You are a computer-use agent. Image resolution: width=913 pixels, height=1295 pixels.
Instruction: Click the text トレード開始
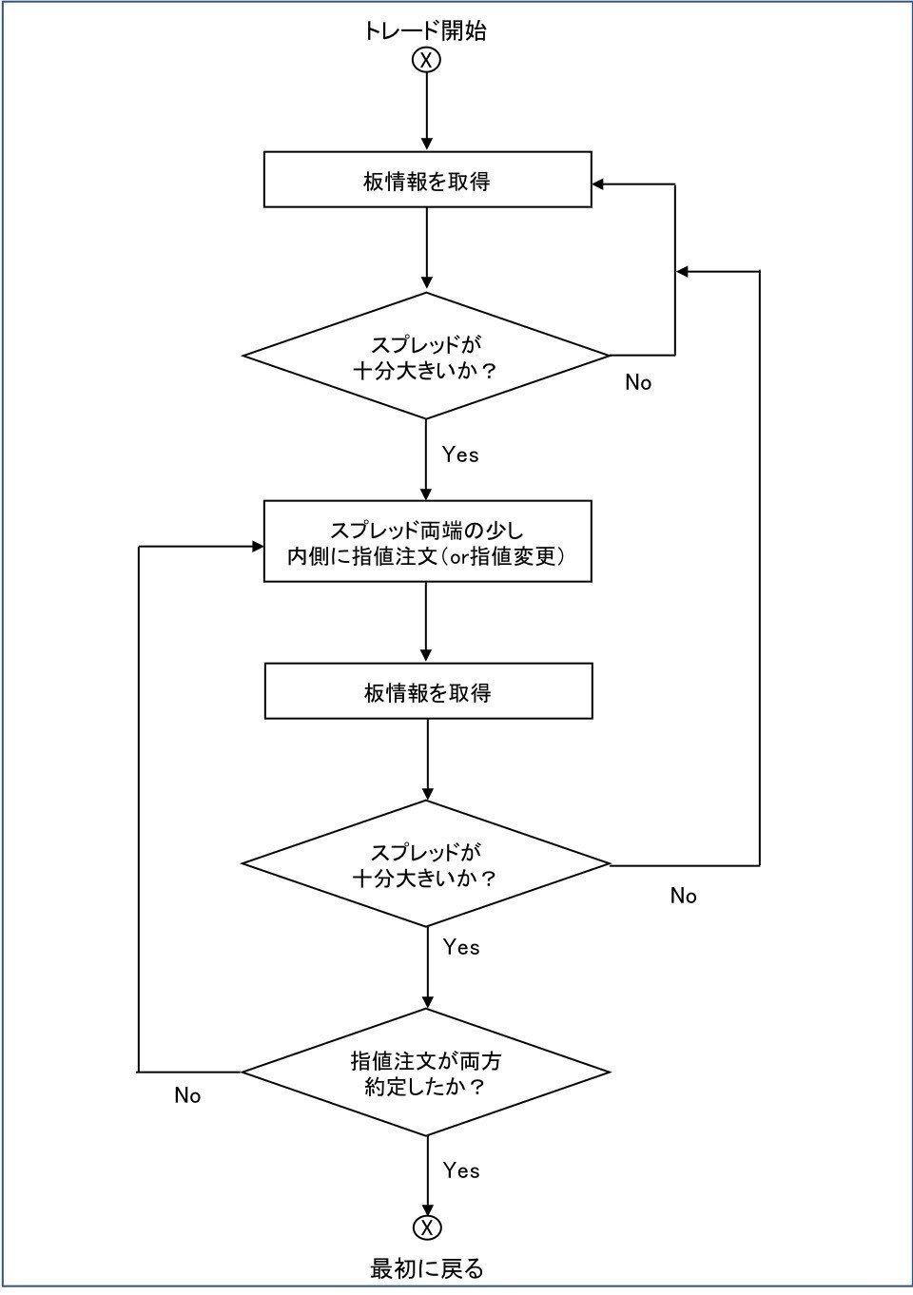tap(424, 30)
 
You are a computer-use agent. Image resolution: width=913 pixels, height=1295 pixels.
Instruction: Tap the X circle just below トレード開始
tap(426, 60)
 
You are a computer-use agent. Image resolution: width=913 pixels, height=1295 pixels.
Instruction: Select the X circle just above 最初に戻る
tap(427, 1227)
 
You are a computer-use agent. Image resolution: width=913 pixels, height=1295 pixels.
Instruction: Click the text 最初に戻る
tap(427, 1268)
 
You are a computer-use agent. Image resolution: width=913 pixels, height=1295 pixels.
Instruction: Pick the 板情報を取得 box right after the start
tap(427, 180)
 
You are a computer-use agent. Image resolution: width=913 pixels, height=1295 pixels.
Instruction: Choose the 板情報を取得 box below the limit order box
tap(428, 691)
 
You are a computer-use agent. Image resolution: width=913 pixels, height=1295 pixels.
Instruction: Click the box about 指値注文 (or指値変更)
tap(427, 542)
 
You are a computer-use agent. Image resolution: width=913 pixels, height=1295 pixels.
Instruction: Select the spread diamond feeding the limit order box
tap(426, 356)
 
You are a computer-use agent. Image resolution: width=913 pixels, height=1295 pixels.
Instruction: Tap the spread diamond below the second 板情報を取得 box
tap(426, 863)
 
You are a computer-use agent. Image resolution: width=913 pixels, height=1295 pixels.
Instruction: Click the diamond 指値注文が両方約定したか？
tap(426, 1073)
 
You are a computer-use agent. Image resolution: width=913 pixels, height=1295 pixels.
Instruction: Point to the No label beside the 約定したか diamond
tap(187, 1096)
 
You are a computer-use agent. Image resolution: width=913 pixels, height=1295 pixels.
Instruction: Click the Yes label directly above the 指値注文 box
tap(460, 454)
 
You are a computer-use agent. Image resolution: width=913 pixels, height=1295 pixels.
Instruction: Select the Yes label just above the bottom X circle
tap(461, 1170)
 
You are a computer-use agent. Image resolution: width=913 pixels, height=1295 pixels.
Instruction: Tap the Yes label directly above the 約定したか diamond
tap(461, 947)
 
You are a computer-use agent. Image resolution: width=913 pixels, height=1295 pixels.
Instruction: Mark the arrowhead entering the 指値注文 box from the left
tap(257, 547)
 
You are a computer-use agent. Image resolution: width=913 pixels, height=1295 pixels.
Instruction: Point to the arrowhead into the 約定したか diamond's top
tap(427, 1002)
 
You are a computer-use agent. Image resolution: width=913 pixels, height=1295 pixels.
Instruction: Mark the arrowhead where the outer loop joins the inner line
tap(682, 272)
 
